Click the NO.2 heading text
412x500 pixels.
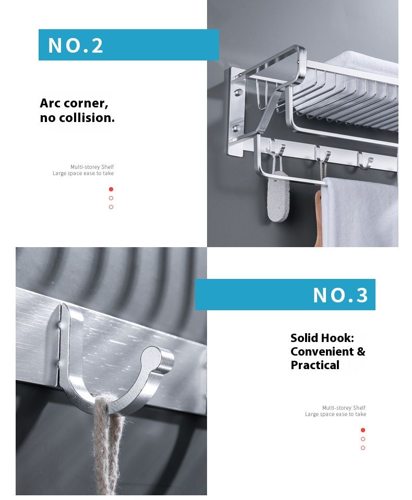pyautogui.click(x=76, y=45)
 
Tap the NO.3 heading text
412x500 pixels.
pyautogui.click(x=340, y=295)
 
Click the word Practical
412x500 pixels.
pyautogui.click(x=315, y=365)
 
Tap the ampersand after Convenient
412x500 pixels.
pyautogui.click(x=361, y=351)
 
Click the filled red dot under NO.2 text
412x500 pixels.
pyautogui.click(x=111, y=189)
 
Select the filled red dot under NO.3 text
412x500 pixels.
pyautogui.click(x=363, y=430)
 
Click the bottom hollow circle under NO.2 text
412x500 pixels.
pyautogui.click(x=111, y=207)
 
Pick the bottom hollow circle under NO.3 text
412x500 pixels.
pyautogui.click(x=363, y=448)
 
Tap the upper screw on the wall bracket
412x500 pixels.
pyautogui.click(x=238, y=93)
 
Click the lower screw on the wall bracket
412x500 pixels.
pyautogui.click(x=237, y=128)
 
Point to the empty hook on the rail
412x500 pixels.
pyautogui.click(x=365, y=160)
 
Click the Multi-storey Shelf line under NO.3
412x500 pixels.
pyautogui.click(x=344, y=408)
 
